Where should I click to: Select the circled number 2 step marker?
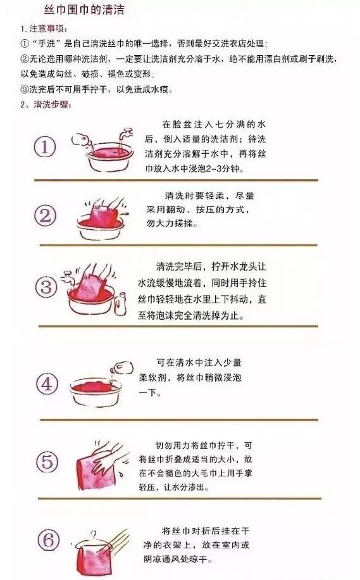(x=46, y=217)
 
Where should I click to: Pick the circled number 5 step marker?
(x=46, y=460)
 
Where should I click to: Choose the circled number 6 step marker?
(x=46, y=539)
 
